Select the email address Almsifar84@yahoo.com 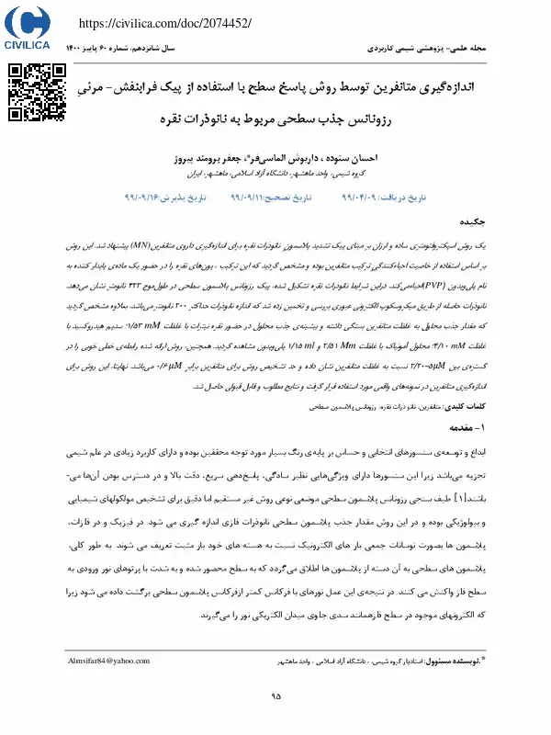click(108, 661)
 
